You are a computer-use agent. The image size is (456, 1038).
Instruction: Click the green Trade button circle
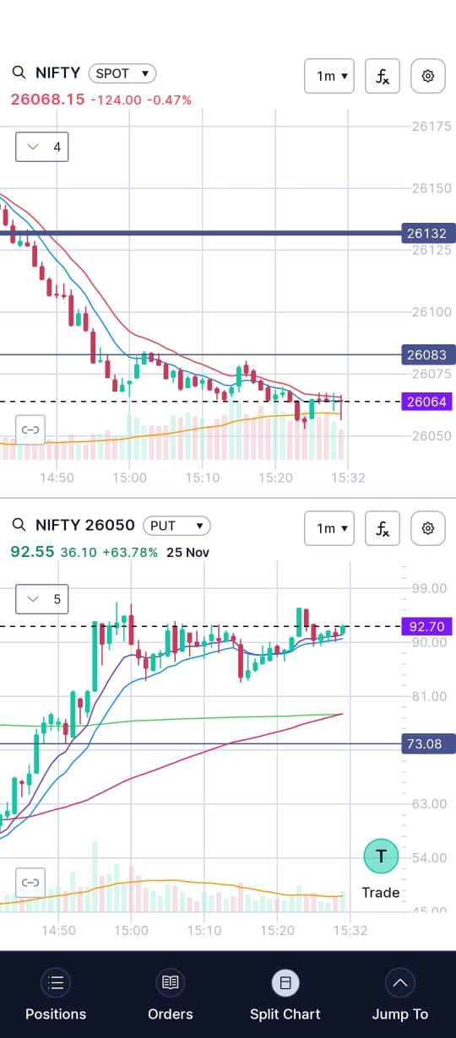pos(381,856)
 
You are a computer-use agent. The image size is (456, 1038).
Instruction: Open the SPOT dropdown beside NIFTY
pos(122,73)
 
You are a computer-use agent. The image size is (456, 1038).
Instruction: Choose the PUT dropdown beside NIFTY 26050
pos(176,526)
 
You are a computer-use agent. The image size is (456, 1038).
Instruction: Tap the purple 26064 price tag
pos(426,402)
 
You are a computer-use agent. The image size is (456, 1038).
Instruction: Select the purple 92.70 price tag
pos(426,626)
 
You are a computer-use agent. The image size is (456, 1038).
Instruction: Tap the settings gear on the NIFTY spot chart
pos(428,76)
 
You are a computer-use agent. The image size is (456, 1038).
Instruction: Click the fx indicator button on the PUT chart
pos(383,528)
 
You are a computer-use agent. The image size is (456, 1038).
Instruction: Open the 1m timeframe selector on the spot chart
pos(329,76)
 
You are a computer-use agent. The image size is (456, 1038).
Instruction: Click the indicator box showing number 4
pos(41,147)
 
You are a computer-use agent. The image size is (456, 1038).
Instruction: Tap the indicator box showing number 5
pos(41,599)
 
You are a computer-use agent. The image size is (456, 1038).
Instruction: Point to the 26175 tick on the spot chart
pos(432,126)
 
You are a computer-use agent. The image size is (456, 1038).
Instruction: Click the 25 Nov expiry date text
pos(187,553)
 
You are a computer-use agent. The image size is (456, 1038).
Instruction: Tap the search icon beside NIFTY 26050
pos(19,525)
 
